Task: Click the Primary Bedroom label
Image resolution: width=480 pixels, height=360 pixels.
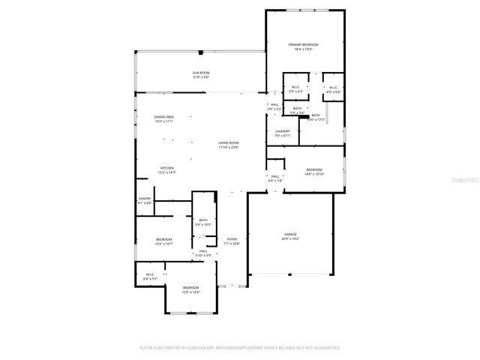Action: tap(304, 45)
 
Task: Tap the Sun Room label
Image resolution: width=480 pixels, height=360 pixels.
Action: tap(200, 72)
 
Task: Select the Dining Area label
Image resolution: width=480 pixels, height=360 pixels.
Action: tap(164, 117)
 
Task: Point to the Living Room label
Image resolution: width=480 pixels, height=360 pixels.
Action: tap(229, 142)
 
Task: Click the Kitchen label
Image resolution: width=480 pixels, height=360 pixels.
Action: tap(166, 167)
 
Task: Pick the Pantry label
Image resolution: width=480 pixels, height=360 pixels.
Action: tap(145, 199)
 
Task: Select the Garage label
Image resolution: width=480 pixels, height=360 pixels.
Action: tap(290, 234)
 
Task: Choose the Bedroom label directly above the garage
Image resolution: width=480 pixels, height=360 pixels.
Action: tap(313, 169)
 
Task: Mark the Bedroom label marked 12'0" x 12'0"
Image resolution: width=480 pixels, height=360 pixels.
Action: tap(191, 287)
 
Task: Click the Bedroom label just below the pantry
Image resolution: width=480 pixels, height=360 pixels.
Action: tap(164, 239)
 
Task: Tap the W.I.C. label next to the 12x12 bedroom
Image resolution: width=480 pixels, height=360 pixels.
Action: tap(150, 274)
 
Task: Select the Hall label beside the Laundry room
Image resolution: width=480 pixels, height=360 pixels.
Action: tap(274, 104)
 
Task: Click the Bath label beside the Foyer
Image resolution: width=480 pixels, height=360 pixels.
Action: tap(203, 220)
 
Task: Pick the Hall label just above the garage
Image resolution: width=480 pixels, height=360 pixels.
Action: tap(275, 176)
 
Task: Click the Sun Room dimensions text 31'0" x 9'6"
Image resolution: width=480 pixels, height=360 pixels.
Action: tap(200, 76)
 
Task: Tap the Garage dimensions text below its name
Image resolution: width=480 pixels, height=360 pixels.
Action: tap(290, 238)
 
